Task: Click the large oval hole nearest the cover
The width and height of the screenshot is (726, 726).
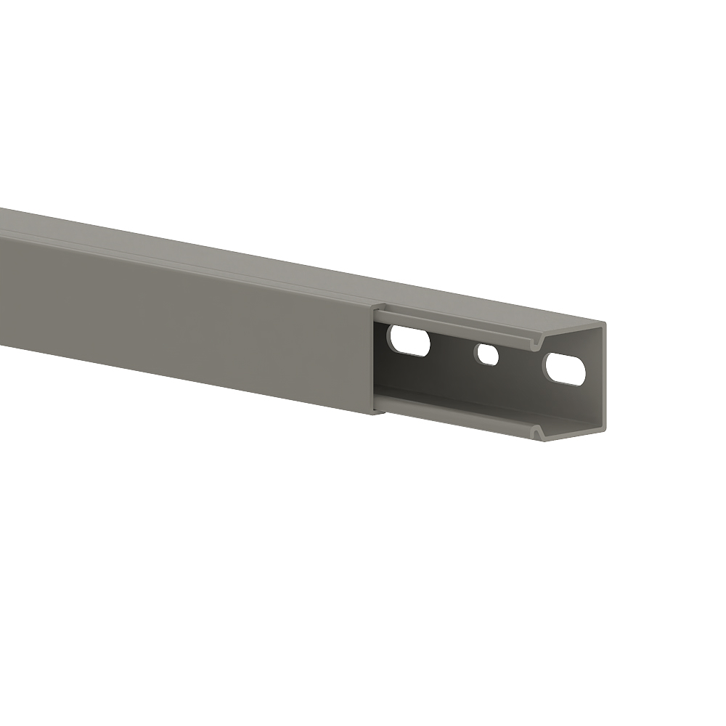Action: (409, 340)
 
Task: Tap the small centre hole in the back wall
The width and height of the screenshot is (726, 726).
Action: (487, 354)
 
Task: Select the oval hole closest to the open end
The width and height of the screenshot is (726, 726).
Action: (564, 369)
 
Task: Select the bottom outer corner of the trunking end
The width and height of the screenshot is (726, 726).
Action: (605, 433)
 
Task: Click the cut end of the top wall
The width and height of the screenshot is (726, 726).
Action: (574, 327)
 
